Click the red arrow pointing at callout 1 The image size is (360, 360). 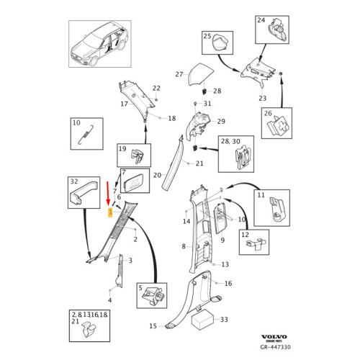click(108, 194)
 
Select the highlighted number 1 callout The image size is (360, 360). click(110, 212)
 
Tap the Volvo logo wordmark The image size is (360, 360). click(274, 337)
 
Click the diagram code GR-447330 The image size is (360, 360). click(276, 347)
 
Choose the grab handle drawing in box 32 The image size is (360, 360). click(84, 193)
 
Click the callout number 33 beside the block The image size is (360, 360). click(224, 320)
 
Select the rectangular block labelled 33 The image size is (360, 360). click(202, 319)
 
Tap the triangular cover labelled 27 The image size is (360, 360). click(200, 75)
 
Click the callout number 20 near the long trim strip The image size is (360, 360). click(157, 175)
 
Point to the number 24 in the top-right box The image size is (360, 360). click(261, 20)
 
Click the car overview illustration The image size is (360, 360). click(100, 44)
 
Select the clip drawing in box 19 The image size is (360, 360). click(138, 156)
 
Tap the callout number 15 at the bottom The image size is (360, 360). click(153, 326)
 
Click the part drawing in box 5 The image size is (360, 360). click(153, 296)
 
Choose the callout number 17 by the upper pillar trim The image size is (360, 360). click(124, 104)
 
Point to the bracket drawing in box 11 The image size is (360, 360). click(276, 209)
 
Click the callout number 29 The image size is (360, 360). click(221, 122)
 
